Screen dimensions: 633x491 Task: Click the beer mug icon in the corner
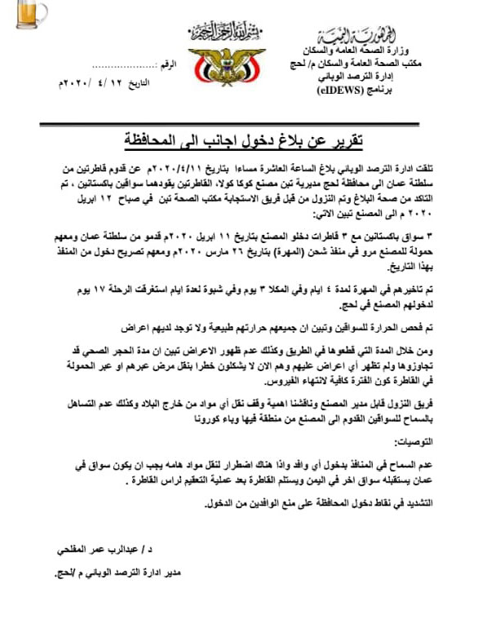[x=17, y=15]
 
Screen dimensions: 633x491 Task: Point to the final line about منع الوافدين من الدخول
[x=321, y=503]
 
